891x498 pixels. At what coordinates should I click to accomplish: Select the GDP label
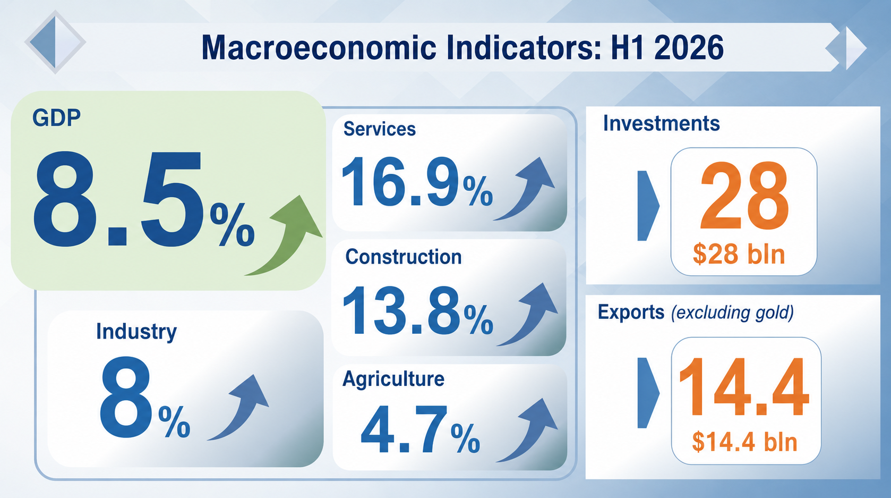(56, 118)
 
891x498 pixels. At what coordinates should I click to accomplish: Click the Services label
(380, 129)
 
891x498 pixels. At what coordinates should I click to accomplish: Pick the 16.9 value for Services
(400, 182)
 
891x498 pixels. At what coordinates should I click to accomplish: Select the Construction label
(404, 257)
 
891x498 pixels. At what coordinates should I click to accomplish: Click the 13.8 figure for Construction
(401, 310)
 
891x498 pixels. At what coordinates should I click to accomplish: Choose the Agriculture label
(393, 379)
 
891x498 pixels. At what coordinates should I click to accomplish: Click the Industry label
(136, 332)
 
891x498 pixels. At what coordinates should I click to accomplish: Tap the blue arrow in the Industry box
(238, 408)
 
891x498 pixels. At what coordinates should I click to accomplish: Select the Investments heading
(662, 123)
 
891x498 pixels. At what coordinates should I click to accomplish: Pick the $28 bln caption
(739, 255)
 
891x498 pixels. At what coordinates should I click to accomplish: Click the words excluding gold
(732, 313)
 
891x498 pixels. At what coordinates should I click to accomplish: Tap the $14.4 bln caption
(744, 442)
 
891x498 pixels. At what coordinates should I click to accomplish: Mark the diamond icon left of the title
(55, 42)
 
